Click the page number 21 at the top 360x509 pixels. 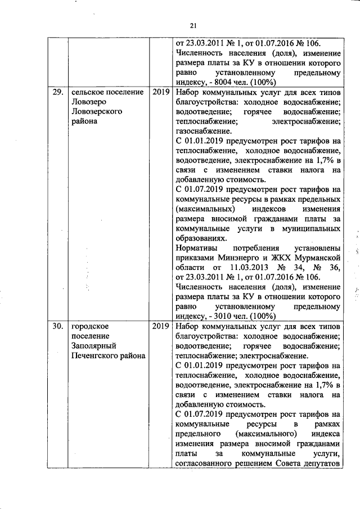(193, 25)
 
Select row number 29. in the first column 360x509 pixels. (56, 92)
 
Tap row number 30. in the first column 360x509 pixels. (56, 327)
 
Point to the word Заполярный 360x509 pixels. (94, 346)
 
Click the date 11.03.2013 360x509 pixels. (248, 267)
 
